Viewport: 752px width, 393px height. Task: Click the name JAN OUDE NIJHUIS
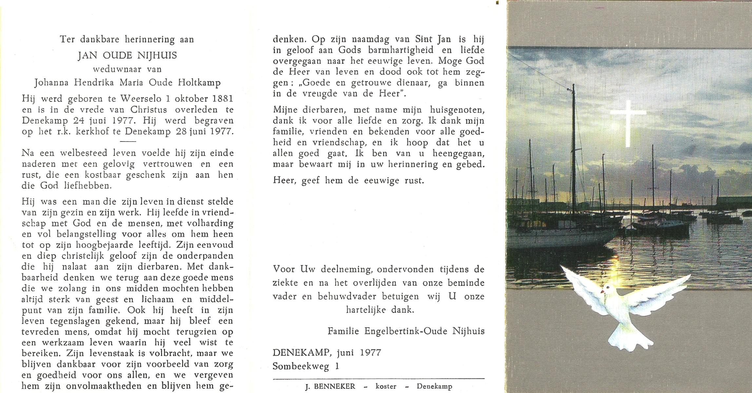[x=127, y=56]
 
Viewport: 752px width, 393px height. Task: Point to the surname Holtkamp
[x=199, y=83]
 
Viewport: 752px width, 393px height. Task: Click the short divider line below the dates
[x=128, y=141]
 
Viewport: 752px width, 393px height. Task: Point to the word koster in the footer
[x=386, y=386]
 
